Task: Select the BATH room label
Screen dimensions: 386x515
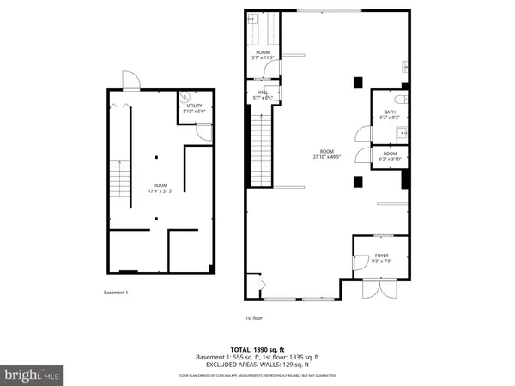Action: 390,112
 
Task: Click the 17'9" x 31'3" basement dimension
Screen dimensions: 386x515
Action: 161,190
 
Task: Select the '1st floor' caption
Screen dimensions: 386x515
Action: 255,318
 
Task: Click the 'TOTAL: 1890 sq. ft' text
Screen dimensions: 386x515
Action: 257,350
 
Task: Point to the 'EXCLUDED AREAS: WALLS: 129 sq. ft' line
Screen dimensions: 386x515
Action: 257,366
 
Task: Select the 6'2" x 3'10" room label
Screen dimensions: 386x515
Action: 391,159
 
